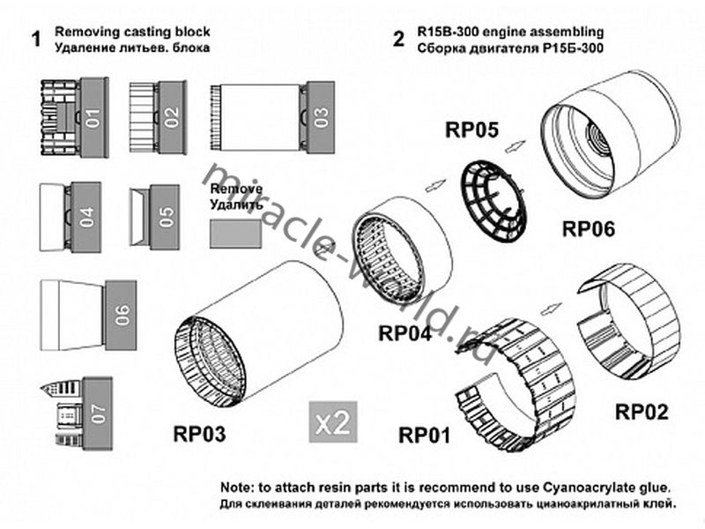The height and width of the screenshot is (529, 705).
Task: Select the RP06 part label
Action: tap(588, 229)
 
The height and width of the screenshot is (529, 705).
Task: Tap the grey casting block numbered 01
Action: tap(93, 114)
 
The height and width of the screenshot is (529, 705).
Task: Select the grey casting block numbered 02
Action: tap(171, 114)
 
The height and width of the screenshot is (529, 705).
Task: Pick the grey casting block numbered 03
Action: tap(321, 115)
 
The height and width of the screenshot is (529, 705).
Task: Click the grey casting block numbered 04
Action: tap(86, 217)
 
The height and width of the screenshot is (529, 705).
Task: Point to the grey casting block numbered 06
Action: tap(121, 310)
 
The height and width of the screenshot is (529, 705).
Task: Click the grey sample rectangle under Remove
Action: tap(236, 235)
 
